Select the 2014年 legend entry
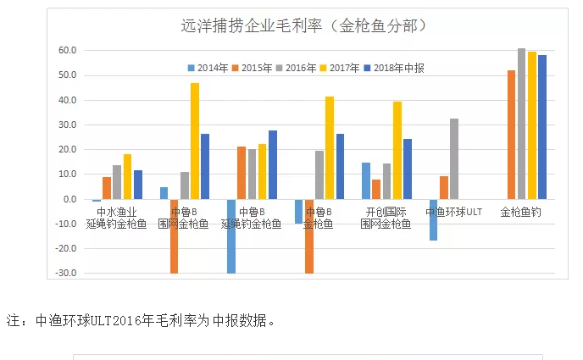point(207,67)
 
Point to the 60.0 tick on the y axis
point(68,51)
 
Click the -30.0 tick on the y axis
point(66,274)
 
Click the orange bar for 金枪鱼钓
point(511,135)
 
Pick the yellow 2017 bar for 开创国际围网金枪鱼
point(397,150)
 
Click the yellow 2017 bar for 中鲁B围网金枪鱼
point(195,141)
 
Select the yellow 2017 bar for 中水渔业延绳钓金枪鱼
point(127,176)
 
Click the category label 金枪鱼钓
point(520,212)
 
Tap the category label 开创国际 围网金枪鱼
point(386,218)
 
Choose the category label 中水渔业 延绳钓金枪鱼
point(115,218)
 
